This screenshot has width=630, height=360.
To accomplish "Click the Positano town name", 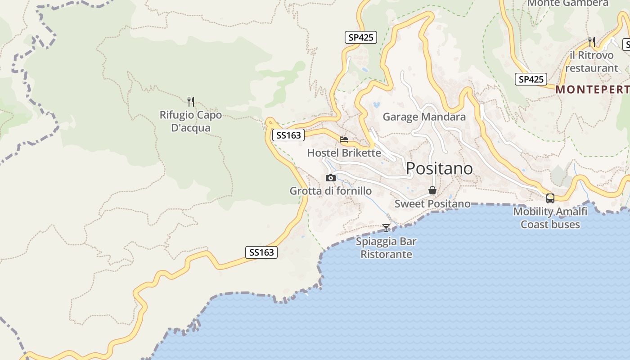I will [x=439, y=168].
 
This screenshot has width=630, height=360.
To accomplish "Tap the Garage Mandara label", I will [x=424, y=117].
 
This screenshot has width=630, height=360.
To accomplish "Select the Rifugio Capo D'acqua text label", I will [x=191, y=121].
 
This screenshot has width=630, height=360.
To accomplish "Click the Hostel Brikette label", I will [x=344, y=153].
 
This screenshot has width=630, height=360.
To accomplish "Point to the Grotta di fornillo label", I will [x=331, y=191].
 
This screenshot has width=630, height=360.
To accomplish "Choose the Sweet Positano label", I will [x=432, y=204].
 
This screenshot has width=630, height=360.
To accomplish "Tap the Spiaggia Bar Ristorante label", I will [x=386, y=247].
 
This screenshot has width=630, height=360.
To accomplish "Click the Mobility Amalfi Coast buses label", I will [x=550, y=218].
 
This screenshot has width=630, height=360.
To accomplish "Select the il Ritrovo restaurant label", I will [x=591, y=62].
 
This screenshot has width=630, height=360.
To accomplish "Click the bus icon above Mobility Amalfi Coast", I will [x=550, y=198].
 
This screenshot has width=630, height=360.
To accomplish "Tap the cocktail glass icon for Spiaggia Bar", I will [x=386, y=228].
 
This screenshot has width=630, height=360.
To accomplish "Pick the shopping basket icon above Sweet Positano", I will [x=432, y=190].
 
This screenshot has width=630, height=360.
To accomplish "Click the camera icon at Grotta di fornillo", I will [x=331, y=178].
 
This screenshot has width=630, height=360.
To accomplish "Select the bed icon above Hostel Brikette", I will [x=344, y=139].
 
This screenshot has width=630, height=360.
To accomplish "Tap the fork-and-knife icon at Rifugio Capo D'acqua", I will [x=191, y=101].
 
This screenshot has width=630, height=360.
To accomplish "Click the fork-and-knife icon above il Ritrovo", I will [x=591, y=42].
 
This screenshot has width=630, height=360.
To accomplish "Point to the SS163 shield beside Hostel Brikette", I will [x=288, y=135].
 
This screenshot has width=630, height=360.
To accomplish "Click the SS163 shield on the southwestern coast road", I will [x=261, y=252].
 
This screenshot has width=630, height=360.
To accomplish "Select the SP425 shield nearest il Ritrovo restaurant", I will [x=531, y=79].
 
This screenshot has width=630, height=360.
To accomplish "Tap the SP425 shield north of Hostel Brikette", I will [x=361, y=37].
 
